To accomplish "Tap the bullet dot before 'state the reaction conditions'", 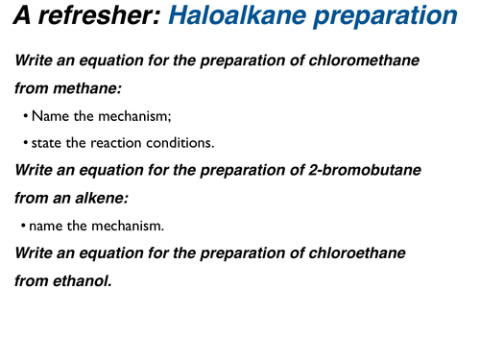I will point(25,144).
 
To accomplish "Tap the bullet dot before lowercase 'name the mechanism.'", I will point(24,227).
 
